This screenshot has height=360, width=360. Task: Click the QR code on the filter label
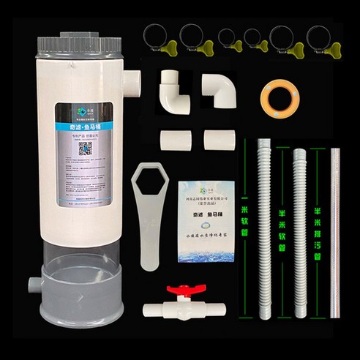tap(84, 147)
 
